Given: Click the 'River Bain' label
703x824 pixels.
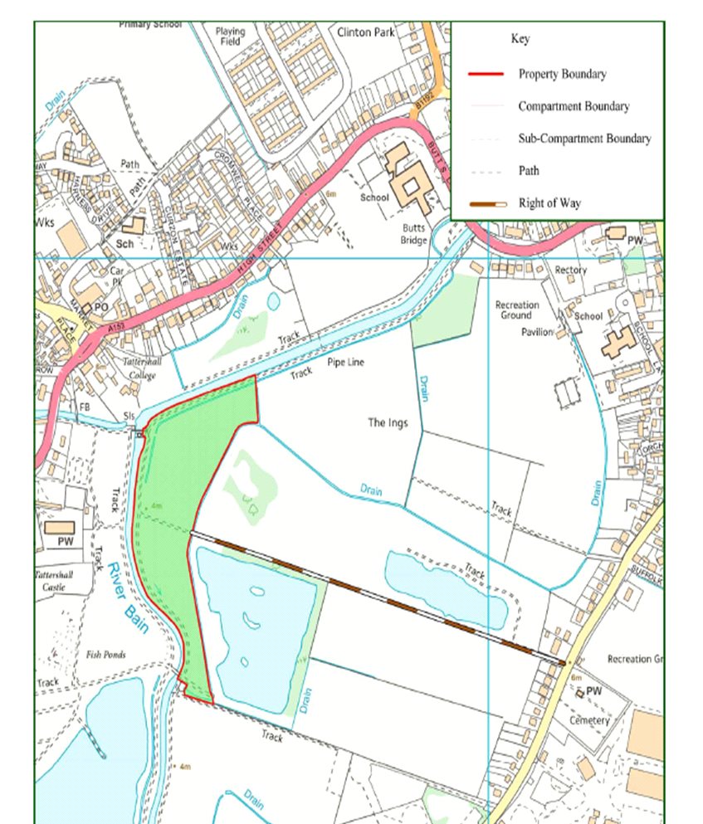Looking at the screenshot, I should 128,597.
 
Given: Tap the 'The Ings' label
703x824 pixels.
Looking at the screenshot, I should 386,422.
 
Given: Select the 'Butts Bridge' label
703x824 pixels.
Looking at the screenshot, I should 413,233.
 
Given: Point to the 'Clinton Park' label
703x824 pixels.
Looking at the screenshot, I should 366,32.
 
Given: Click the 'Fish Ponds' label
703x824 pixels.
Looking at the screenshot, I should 105,655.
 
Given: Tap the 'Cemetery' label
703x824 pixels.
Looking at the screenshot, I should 589,720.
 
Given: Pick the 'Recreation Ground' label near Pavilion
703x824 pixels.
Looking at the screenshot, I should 517,310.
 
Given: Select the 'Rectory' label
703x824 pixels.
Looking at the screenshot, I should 570,271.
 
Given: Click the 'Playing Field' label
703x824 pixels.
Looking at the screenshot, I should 230,37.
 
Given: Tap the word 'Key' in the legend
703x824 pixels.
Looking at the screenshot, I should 520,39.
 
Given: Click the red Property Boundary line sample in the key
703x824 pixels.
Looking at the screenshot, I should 486,74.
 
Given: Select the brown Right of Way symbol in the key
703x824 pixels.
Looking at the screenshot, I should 486,203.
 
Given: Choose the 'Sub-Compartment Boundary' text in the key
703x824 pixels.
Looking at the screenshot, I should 584,139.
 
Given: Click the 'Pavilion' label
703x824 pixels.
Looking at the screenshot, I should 537,332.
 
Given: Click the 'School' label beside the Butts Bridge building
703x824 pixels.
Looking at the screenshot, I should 373,198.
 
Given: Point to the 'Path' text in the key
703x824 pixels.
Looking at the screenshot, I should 529,171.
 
